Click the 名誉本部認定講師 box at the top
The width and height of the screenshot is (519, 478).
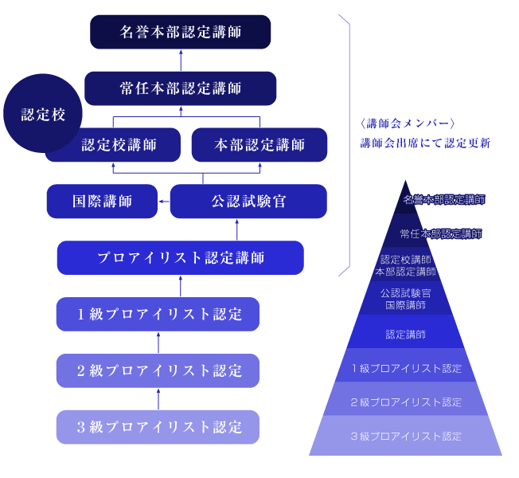coord(180,32)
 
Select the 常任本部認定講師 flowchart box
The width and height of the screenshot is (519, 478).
coord(180,88)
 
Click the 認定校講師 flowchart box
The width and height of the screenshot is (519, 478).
coord(119,146)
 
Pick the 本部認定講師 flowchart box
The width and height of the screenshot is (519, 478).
coord(259,145)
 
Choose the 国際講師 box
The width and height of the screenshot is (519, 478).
coord(102,202)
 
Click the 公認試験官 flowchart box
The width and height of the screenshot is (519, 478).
coord(248,202)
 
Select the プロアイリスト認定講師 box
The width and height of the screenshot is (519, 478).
coord(180,258)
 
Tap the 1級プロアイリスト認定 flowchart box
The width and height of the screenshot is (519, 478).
coord(158,314)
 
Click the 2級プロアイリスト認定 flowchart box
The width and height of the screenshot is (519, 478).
coord(158,370)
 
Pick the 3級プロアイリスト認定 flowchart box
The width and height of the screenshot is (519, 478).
coord(158,427)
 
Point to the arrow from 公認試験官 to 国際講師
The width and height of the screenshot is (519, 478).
coord(164,202)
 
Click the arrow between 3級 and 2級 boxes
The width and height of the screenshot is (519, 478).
coord(158,398)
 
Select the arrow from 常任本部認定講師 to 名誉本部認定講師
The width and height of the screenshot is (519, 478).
coord(180,60)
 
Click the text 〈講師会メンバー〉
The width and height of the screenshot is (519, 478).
coord(407,123)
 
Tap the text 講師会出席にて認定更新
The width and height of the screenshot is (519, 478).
coord(424,143)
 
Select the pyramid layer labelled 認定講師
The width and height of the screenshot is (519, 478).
coord(405,334)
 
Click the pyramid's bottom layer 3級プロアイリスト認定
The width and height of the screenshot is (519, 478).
coord(405,437)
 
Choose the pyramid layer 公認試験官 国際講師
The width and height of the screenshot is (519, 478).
coord(405,299)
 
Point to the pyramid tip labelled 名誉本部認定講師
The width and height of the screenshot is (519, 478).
coord(405,199)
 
